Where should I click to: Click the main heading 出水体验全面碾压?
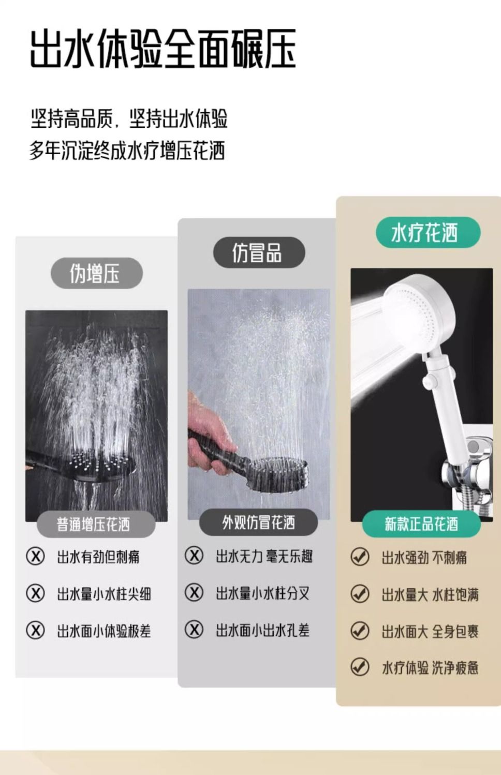[x=163, y=49]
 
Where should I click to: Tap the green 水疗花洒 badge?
[x=428, y=232]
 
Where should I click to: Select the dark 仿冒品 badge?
[x=259, y=252]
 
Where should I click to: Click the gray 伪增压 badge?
[x=97, y=273]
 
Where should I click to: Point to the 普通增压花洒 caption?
[x=96, y=524]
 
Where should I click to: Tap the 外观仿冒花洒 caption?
[x=258, y=522]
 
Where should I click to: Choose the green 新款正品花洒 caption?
[x=421, y=524]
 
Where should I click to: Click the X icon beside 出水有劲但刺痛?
[x=35, y=556]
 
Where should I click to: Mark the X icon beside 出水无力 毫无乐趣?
[x=194, y=555]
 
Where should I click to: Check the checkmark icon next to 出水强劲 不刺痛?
[x=360, y=557]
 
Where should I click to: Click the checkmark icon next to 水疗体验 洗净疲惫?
[x=360, y=666]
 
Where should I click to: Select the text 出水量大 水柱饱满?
[x=430, y=595]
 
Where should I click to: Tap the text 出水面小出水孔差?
[x=262, y=630]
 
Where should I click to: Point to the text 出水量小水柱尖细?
[x=104, y=594]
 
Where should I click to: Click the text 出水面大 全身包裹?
[x=430, y=631]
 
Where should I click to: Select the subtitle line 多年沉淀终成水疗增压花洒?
[x=127, y=151]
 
